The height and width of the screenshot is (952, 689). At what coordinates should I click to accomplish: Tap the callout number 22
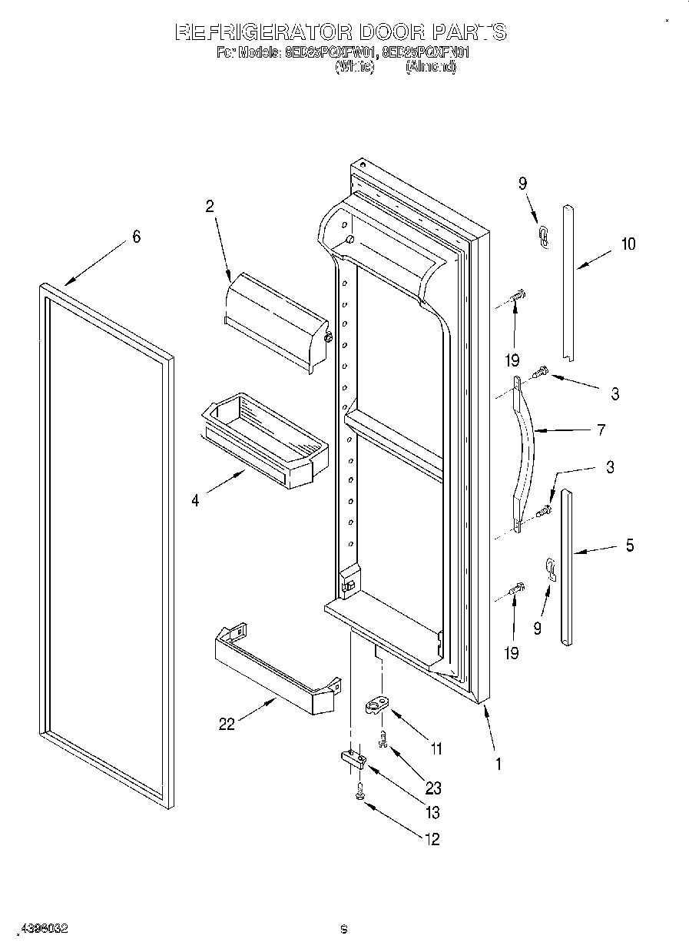[x=227, y=724]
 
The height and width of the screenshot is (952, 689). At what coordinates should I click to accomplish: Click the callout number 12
[x=432, y=840]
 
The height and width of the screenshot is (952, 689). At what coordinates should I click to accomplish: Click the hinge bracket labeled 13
[x=353, y=759]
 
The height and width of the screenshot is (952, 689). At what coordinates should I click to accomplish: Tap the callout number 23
[x=432, y=788]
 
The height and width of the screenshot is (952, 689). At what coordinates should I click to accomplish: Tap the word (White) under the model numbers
[x=354, y=68]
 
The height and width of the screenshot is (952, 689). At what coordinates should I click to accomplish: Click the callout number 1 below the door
[x=499, y=764]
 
